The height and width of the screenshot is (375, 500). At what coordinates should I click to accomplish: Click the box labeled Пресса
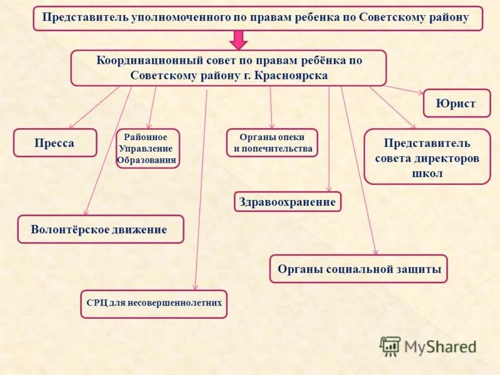(55, 143)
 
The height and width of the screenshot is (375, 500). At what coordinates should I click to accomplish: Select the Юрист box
(456, 103)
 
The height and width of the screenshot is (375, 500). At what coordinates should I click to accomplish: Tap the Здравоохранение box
(287, 202)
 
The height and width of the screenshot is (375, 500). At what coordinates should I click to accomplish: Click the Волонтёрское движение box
(100, 229)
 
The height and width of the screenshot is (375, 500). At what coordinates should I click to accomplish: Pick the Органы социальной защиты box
(358, 269)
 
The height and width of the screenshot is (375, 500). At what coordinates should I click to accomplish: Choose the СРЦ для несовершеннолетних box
(154, 304)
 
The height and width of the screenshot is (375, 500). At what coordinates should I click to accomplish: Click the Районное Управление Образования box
(147, 149)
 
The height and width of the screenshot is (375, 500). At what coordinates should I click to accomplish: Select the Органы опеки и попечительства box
(272, 143)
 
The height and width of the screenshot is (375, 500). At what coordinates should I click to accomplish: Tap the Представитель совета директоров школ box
(427, 157)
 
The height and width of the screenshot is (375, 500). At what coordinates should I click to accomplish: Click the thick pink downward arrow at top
(238, 39)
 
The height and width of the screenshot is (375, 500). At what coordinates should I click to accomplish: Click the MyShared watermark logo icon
(390, 346)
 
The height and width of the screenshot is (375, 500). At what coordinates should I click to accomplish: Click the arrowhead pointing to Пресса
(72, 126)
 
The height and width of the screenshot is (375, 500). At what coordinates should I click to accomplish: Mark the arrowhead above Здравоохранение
(329, 189)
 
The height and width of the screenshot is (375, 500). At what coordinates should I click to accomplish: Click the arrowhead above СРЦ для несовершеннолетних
(196, 287)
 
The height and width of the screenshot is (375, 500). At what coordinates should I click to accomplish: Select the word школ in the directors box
(427, 173)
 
